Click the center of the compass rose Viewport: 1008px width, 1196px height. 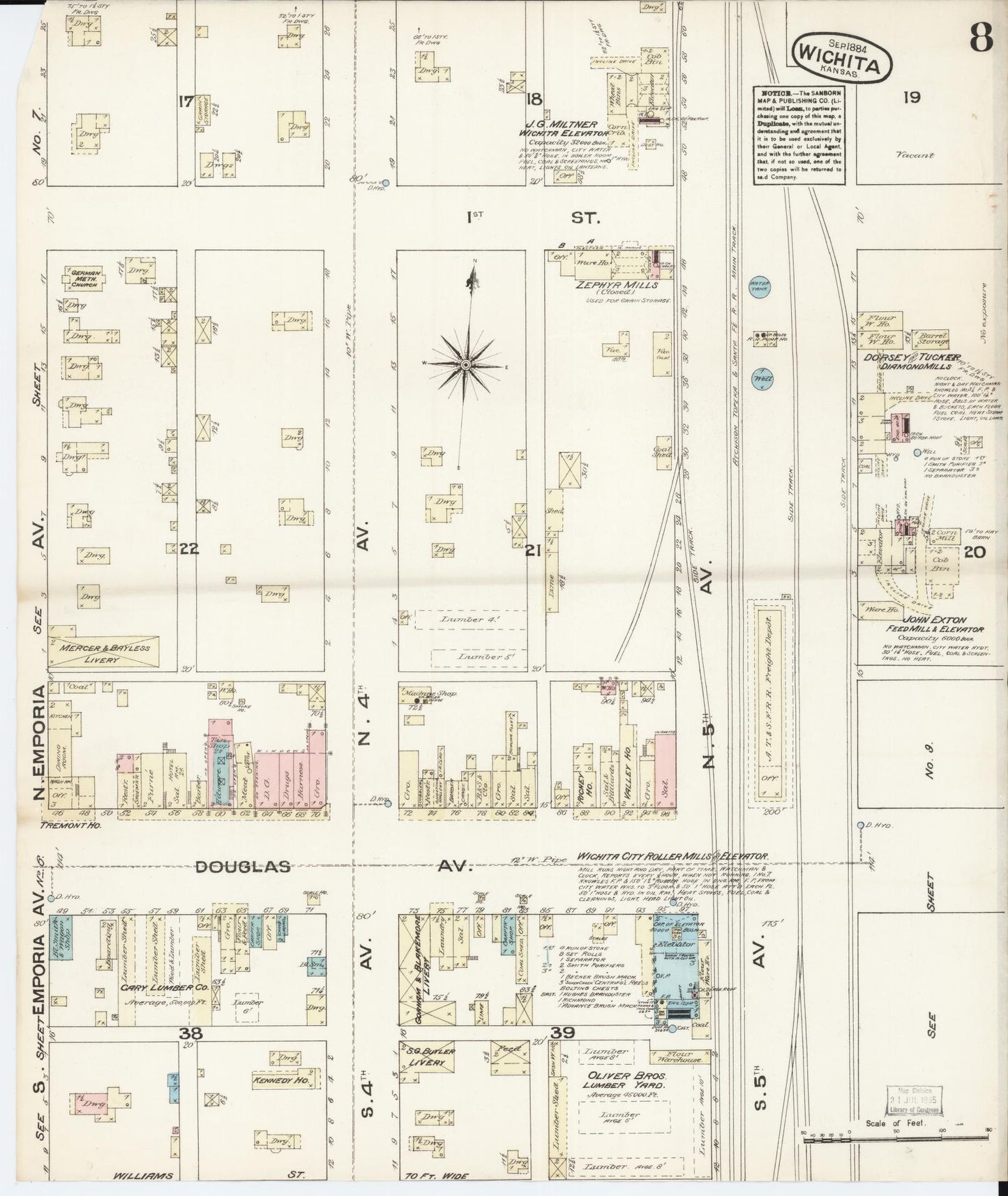tap(465, 365)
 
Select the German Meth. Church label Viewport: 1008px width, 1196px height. tap(83, 278)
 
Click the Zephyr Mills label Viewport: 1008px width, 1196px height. tap(608, 285)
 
